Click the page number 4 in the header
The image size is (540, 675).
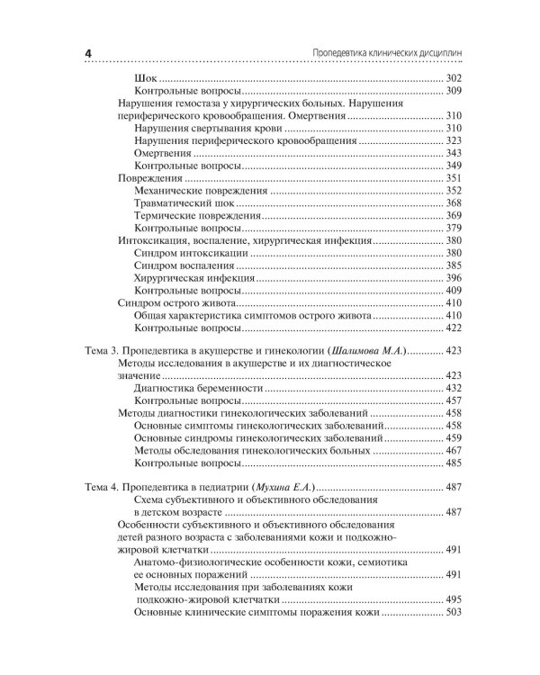coord(88,53)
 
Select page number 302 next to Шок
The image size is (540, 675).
coord(453,78)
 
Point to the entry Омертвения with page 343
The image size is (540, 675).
coord(161,154)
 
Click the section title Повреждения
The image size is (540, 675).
coord(147,178)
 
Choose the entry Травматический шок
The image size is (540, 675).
coord(184,203)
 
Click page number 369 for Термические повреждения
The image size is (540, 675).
coord(453,216)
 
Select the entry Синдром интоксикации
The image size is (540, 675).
coord(189,254)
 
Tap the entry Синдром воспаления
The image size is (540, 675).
coord(184,266)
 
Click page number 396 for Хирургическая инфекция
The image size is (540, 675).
coord(453,279)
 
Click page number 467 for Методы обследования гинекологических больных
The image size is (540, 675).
coord(453,450)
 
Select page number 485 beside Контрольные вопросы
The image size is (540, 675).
coord(453,463)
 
